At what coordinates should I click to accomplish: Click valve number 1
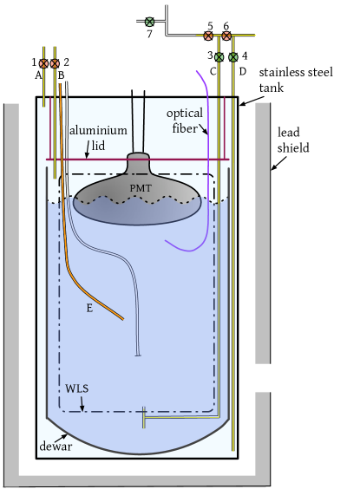point(44,63)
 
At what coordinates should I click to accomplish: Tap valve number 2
point(55,63)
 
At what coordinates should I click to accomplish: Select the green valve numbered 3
point(219,57)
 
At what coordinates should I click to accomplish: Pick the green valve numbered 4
point(233,57)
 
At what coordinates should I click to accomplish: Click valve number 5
point(208,36)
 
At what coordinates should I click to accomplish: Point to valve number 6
point(226,36)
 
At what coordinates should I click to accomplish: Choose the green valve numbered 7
point(149,22)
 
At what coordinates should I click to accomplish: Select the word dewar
point(56,447)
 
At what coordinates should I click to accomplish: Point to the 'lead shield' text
point(292,140)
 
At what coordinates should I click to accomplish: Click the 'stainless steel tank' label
point(295,79)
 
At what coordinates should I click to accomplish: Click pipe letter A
point(38,75)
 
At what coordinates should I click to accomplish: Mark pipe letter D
point(242,70)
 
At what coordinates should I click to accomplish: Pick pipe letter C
point(213,70)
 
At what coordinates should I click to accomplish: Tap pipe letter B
point(61,75)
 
